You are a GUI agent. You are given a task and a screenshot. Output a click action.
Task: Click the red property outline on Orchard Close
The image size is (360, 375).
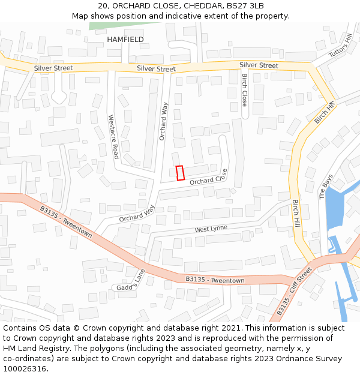179,173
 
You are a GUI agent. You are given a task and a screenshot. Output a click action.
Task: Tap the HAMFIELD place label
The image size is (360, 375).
125,40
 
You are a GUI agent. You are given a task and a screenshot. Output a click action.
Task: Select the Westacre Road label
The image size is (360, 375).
112,137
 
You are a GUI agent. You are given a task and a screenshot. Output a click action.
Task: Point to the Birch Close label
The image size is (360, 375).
244,90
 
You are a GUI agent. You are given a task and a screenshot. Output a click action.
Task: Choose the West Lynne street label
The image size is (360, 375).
211,229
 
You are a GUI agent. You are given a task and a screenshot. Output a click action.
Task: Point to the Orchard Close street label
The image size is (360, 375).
209,177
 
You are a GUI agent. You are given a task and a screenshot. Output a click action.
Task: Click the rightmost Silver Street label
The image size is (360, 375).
259,65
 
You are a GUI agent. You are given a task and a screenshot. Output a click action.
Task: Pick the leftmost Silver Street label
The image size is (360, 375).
53,68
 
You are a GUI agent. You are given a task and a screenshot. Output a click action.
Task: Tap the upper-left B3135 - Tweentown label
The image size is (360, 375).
65,221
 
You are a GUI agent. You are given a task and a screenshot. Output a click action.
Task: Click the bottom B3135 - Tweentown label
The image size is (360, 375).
215,280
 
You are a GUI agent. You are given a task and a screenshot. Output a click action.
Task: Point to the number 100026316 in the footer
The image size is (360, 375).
25,368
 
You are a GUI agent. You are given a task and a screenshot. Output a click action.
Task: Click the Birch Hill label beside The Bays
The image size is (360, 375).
295,212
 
